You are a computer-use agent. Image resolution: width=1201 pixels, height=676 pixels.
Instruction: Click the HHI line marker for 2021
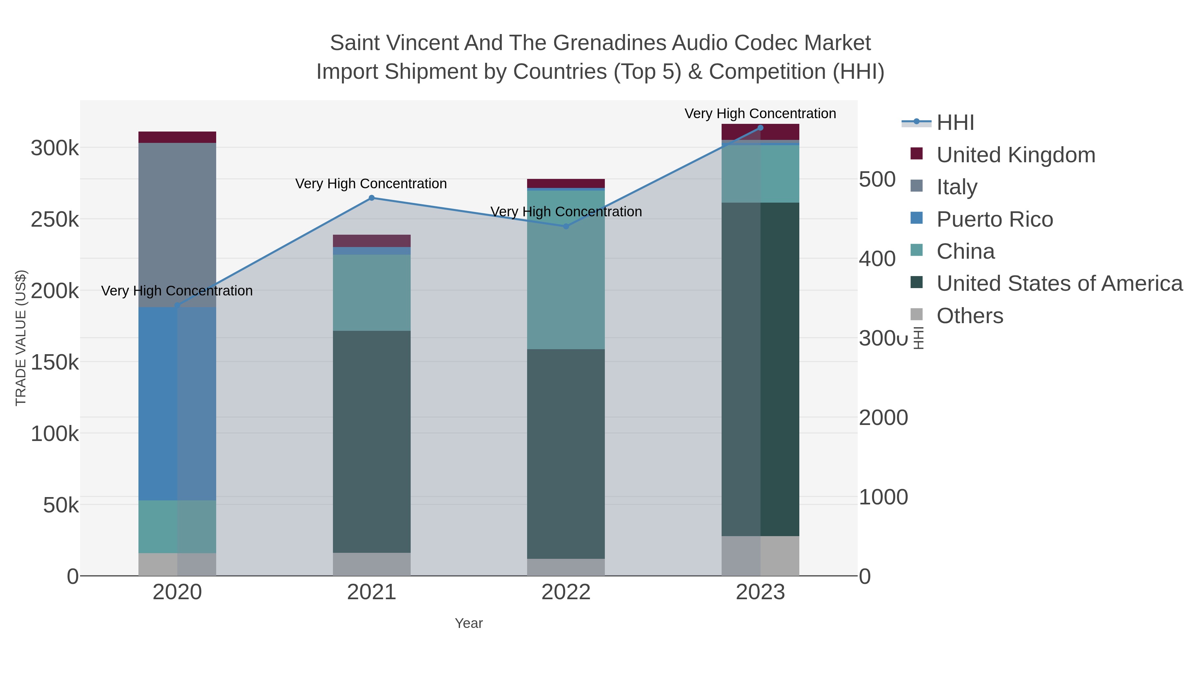tap(372, 198)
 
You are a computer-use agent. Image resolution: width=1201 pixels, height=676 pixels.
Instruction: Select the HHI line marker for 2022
tap(566, 226)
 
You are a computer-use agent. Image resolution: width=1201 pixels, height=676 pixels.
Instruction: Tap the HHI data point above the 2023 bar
tap(760, 128)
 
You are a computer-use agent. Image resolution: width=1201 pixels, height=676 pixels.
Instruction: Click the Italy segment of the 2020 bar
tap(177, 224)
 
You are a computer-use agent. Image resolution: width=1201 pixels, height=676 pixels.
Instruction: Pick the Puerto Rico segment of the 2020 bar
tap(177, 404)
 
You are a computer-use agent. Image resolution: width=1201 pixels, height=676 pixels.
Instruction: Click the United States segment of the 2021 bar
tap(372, 441)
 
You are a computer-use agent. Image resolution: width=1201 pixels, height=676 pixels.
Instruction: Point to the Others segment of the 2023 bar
tap(760, 555)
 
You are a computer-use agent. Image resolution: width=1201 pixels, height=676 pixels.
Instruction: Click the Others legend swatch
tap(917, 315)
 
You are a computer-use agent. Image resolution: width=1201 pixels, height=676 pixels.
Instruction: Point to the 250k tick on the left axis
tap(55, 219)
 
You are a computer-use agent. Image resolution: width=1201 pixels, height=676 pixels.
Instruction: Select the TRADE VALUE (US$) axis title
tap(21, 338)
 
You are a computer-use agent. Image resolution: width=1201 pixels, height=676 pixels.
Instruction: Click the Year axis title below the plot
tap(469, 623)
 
